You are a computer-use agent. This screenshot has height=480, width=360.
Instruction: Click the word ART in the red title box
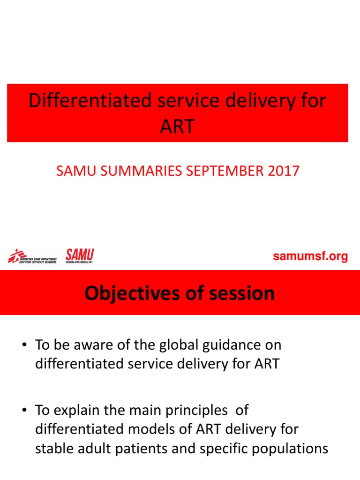pos(177,126)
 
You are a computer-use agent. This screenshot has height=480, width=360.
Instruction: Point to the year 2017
pos(282,171)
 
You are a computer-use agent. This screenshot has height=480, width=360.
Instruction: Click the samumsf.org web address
pos(310,256)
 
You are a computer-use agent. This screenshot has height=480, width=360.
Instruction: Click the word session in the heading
pos(242,293)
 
